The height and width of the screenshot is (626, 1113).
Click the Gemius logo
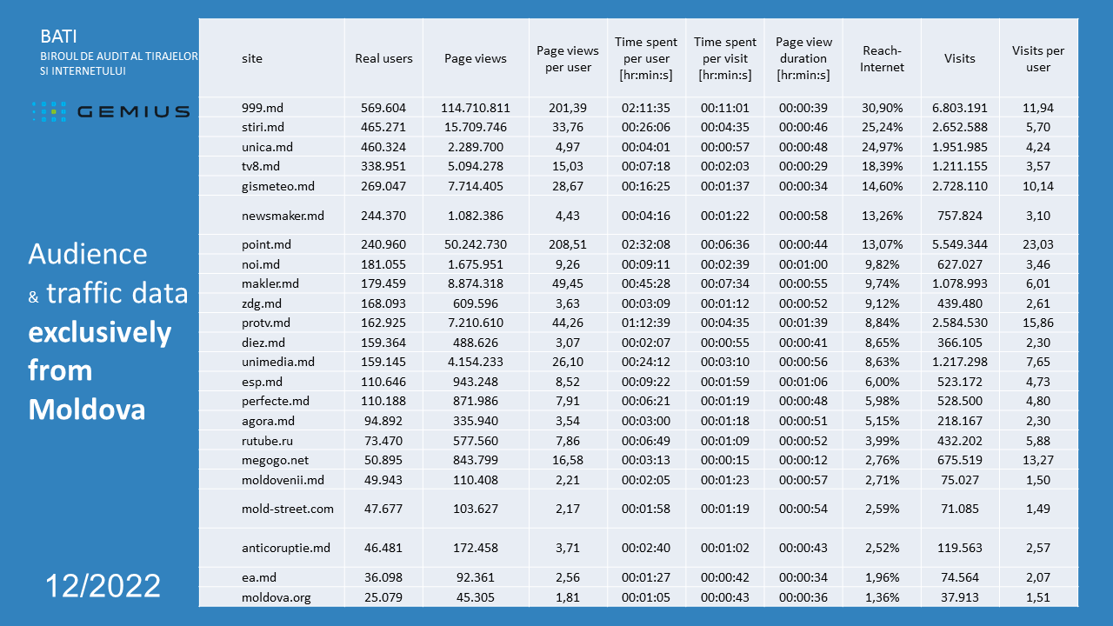tap(110, 111)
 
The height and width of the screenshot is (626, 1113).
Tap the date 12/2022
tap(103, 585)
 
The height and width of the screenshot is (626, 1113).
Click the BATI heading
tap(58, 37)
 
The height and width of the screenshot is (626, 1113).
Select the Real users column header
tap(383, 58)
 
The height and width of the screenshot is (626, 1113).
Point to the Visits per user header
tap(1037, 58)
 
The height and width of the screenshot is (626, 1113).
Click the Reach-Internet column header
tap(882, 58)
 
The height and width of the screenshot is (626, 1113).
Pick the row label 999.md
tap(263, 108)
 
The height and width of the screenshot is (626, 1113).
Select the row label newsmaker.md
tap(283, 216)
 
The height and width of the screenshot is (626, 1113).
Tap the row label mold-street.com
tap(288, 509)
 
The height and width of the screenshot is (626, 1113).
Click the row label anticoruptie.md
tap(286, 548)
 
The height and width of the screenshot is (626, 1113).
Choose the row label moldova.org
tap(276, 597)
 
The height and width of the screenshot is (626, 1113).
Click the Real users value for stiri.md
tap(383, 127)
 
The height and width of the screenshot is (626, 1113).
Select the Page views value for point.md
tap(475, 244)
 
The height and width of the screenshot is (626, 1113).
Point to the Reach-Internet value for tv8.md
tap(882, 166)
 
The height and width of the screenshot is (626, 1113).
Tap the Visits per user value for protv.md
tap(1037, 323)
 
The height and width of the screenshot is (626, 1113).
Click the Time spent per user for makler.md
tap(645, 283)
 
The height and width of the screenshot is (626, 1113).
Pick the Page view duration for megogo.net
tap(803, 460)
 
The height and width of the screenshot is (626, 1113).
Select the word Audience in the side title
tap(88, 254)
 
